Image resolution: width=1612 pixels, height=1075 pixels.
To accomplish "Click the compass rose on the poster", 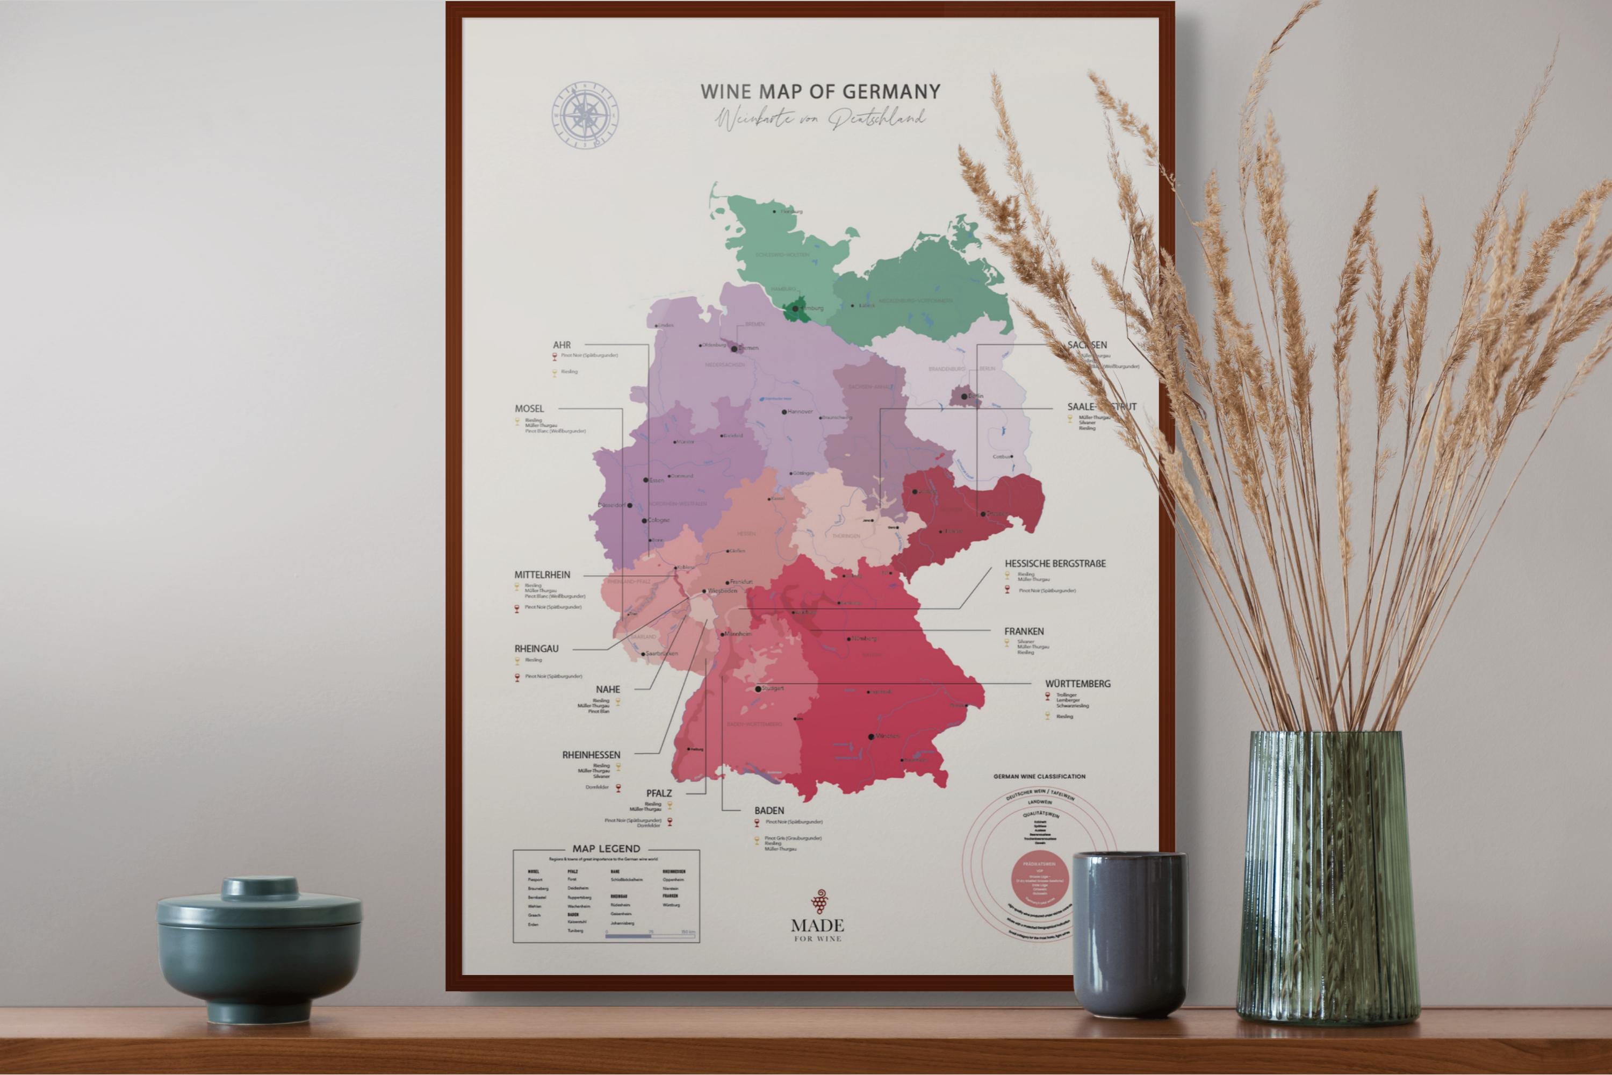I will tap(585, 114).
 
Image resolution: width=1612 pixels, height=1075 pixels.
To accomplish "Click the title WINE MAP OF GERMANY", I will tap(821, 91).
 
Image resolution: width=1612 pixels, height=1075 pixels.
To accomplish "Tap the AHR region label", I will tap(562, 345).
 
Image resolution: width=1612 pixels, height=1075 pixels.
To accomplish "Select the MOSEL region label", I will tap(529, 408).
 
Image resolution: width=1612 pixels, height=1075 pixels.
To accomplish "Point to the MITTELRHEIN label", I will tap(542, 575).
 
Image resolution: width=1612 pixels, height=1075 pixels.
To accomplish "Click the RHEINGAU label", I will tap(537, 649).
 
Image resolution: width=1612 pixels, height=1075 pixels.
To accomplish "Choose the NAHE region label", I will tap(607, 689).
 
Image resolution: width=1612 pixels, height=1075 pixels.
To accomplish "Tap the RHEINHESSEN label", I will tap(591, 755).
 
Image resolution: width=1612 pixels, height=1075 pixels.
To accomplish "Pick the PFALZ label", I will tap(659, 793).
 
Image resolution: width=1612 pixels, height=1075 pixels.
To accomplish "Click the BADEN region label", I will tap(769, 811).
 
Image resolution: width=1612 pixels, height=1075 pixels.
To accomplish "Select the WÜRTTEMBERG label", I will tap(1077, 684).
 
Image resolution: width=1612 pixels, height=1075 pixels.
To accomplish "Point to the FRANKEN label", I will tap(1024, 632).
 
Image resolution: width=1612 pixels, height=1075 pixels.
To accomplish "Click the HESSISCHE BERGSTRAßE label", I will tap(1055, 563).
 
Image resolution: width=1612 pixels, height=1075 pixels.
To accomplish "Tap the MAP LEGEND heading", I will tap(606, 849).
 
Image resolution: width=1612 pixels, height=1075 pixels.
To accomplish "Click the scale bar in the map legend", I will tap(650, 935).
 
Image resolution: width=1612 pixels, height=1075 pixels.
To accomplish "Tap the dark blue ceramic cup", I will tap(1129, 933).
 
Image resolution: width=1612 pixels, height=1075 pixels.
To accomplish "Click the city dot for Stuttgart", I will tap(757, 689).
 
